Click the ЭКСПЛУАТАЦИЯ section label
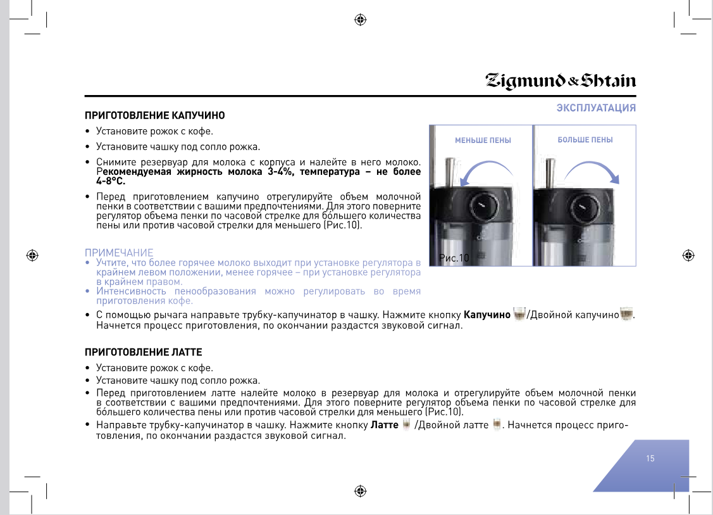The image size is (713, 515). pos(596,108)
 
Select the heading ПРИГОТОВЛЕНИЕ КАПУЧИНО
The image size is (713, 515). pos(155,116)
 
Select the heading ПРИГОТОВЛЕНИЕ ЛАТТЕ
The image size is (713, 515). pos(144,352)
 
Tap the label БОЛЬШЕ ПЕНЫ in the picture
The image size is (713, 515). pos(585,140)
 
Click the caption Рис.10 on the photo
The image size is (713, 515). pos(454,258)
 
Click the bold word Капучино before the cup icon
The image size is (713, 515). pos(487,315)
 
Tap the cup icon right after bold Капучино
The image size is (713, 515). pos(519,314)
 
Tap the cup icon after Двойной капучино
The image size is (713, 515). pos(627,314)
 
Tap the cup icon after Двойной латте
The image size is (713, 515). pos(497,424)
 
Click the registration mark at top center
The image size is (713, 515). pos(361,20)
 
